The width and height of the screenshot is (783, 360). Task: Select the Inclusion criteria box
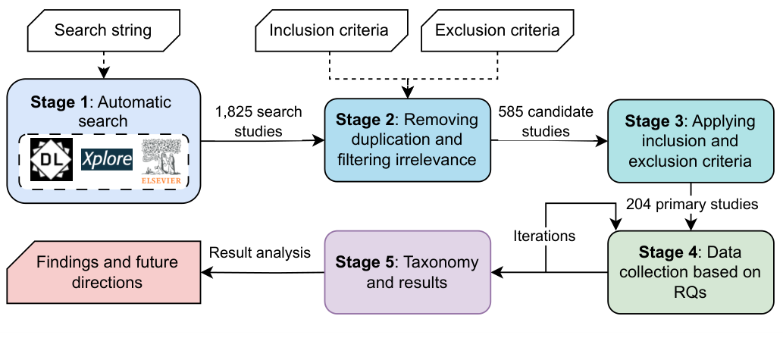(329, 31)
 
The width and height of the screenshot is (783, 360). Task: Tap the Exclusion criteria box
(497, 31)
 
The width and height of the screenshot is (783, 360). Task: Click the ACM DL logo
(52, 159)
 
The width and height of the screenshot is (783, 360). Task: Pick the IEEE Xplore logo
(106, 159)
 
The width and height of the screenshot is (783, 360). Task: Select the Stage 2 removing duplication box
(407, 139)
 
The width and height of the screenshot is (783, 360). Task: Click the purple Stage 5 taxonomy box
(407, 272)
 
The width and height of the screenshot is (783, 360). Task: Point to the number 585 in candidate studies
(510, 112)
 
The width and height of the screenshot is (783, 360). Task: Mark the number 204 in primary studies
(640, 204)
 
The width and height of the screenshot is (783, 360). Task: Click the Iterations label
(544, 236)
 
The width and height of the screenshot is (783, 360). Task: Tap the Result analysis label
(260, 252)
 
